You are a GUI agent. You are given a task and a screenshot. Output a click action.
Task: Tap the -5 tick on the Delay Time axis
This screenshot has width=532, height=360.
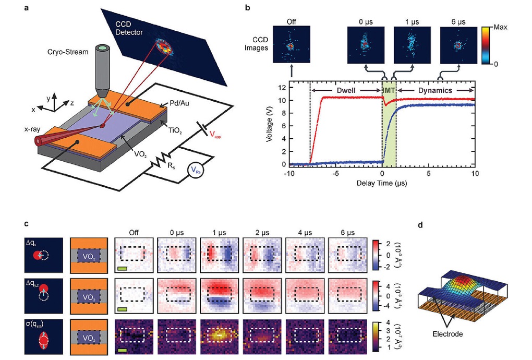pos(336,172)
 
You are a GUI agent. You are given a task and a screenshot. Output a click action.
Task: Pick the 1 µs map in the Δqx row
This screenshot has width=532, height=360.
pos(218,254)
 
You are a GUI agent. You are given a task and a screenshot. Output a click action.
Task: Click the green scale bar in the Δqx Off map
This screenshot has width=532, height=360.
pos(123,269)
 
